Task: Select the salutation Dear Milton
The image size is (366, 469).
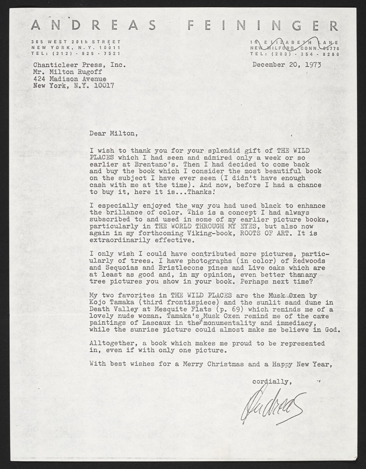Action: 113,133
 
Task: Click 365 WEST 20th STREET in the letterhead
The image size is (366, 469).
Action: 76,42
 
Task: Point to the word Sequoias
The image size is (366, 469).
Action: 123,268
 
